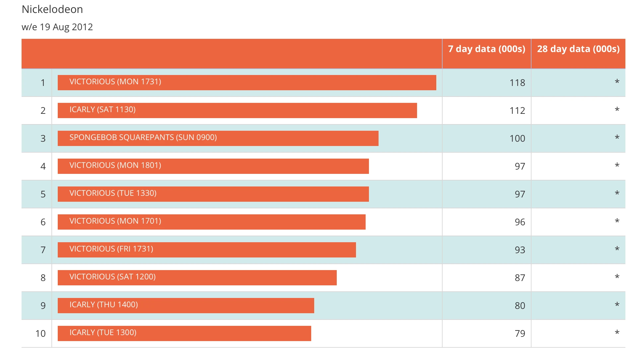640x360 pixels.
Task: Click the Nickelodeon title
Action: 52,9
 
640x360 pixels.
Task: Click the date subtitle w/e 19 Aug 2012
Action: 57,27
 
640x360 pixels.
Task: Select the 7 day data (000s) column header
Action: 486,49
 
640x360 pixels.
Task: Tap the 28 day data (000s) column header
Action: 578,49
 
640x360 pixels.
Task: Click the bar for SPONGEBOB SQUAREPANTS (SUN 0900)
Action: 218,138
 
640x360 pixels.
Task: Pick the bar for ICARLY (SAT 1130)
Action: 237,110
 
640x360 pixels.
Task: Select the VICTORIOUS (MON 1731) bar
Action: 247,83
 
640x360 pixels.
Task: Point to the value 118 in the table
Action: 517,83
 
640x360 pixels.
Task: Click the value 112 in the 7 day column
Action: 517,110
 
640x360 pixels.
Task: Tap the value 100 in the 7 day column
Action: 517,138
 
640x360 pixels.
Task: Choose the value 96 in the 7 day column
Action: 520,222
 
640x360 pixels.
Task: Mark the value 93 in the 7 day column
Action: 520,250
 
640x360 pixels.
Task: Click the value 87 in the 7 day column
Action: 520,278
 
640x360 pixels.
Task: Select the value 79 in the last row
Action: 520,333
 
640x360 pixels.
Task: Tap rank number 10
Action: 40,333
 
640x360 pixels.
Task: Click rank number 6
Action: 43,222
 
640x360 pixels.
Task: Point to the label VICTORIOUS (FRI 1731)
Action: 111,249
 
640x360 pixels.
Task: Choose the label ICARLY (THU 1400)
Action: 104,305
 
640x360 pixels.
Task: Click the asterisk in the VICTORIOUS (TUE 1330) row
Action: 617,193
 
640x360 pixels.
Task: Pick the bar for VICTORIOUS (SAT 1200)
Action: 197,278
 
